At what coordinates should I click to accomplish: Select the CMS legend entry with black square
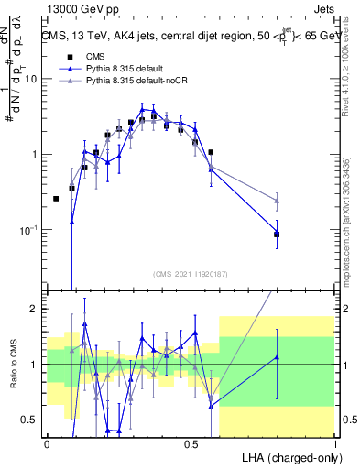click(x=78, y=55)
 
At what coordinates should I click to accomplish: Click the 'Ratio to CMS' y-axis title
click(x=12, y=365)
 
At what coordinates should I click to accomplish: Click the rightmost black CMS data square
click(x=277, y=234)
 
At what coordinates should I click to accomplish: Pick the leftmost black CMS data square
click(x=56, y=199)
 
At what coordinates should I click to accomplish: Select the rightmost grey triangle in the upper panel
click(x=277, y=200)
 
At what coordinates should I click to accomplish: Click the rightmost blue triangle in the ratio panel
click(x=277, y=357)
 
